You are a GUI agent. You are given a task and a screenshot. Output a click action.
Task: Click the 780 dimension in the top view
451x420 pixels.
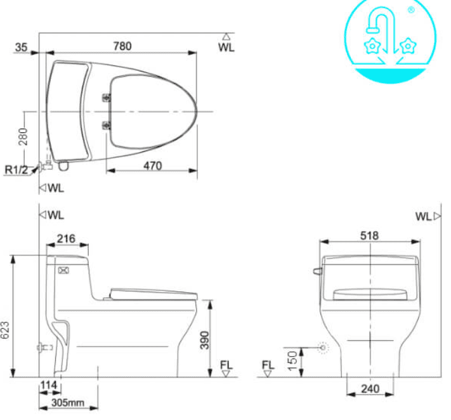point(122,46)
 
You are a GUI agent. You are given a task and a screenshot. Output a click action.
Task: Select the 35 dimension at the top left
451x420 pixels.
point(22,46)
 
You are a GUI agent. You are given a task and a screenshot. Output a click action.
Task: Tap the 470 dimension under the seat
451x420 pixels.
point(152,166)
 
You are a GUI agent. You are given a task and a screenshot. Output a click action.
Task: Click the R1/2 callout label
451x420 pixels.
point(16,169)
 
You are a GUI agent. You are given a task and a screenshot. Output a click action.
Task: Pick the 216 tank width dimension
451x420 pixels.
point(65,239)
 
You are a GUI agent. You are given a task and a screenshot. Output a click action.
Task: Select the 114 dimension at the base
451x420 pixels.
point(48,386)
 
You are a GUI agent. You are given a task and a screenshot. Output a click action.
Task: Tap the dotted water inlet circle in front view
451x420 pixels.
point(324,348)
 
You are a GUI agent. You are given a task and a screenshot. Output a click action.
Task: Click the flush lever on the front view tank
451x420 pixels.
point(317,271)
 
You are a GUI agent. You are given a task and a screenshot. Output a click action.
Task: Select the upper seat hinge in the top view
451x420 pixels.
point(106,98)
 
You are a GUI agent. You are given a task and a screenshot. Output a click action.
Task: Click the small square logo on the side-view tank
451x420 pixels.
point(63,270)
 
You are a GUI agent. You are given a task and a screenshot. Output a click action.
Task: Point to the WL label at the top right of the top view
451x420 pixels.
point(226,48)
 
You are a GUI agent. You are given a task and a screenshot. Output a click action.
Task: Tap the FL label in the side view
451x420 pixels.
point(226,365)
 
